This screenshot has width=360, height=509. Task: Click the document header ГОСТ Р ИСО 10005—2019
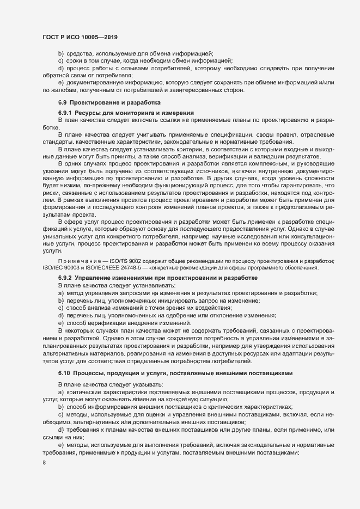(x=80, y=37)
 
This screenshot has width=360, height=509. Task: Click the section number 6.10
(x=65, y=373)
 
